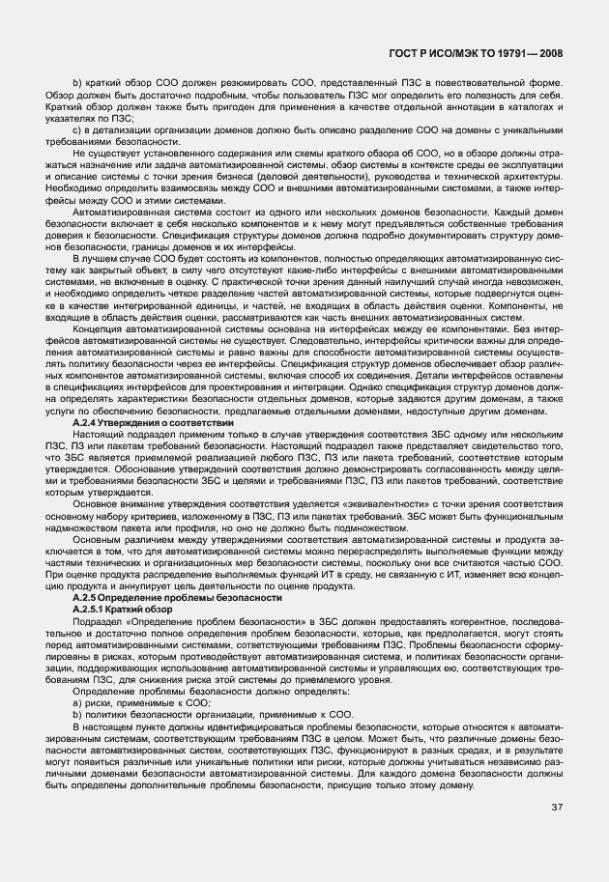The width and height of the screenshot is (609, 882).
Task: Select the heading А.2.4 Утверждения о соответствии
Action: pos(154,423)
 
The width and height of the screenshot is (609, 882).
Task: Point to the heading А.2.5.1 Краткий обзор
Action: pos(123,610)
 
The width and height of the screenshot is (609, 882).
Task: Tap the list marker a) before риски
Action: pos(77,703)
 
